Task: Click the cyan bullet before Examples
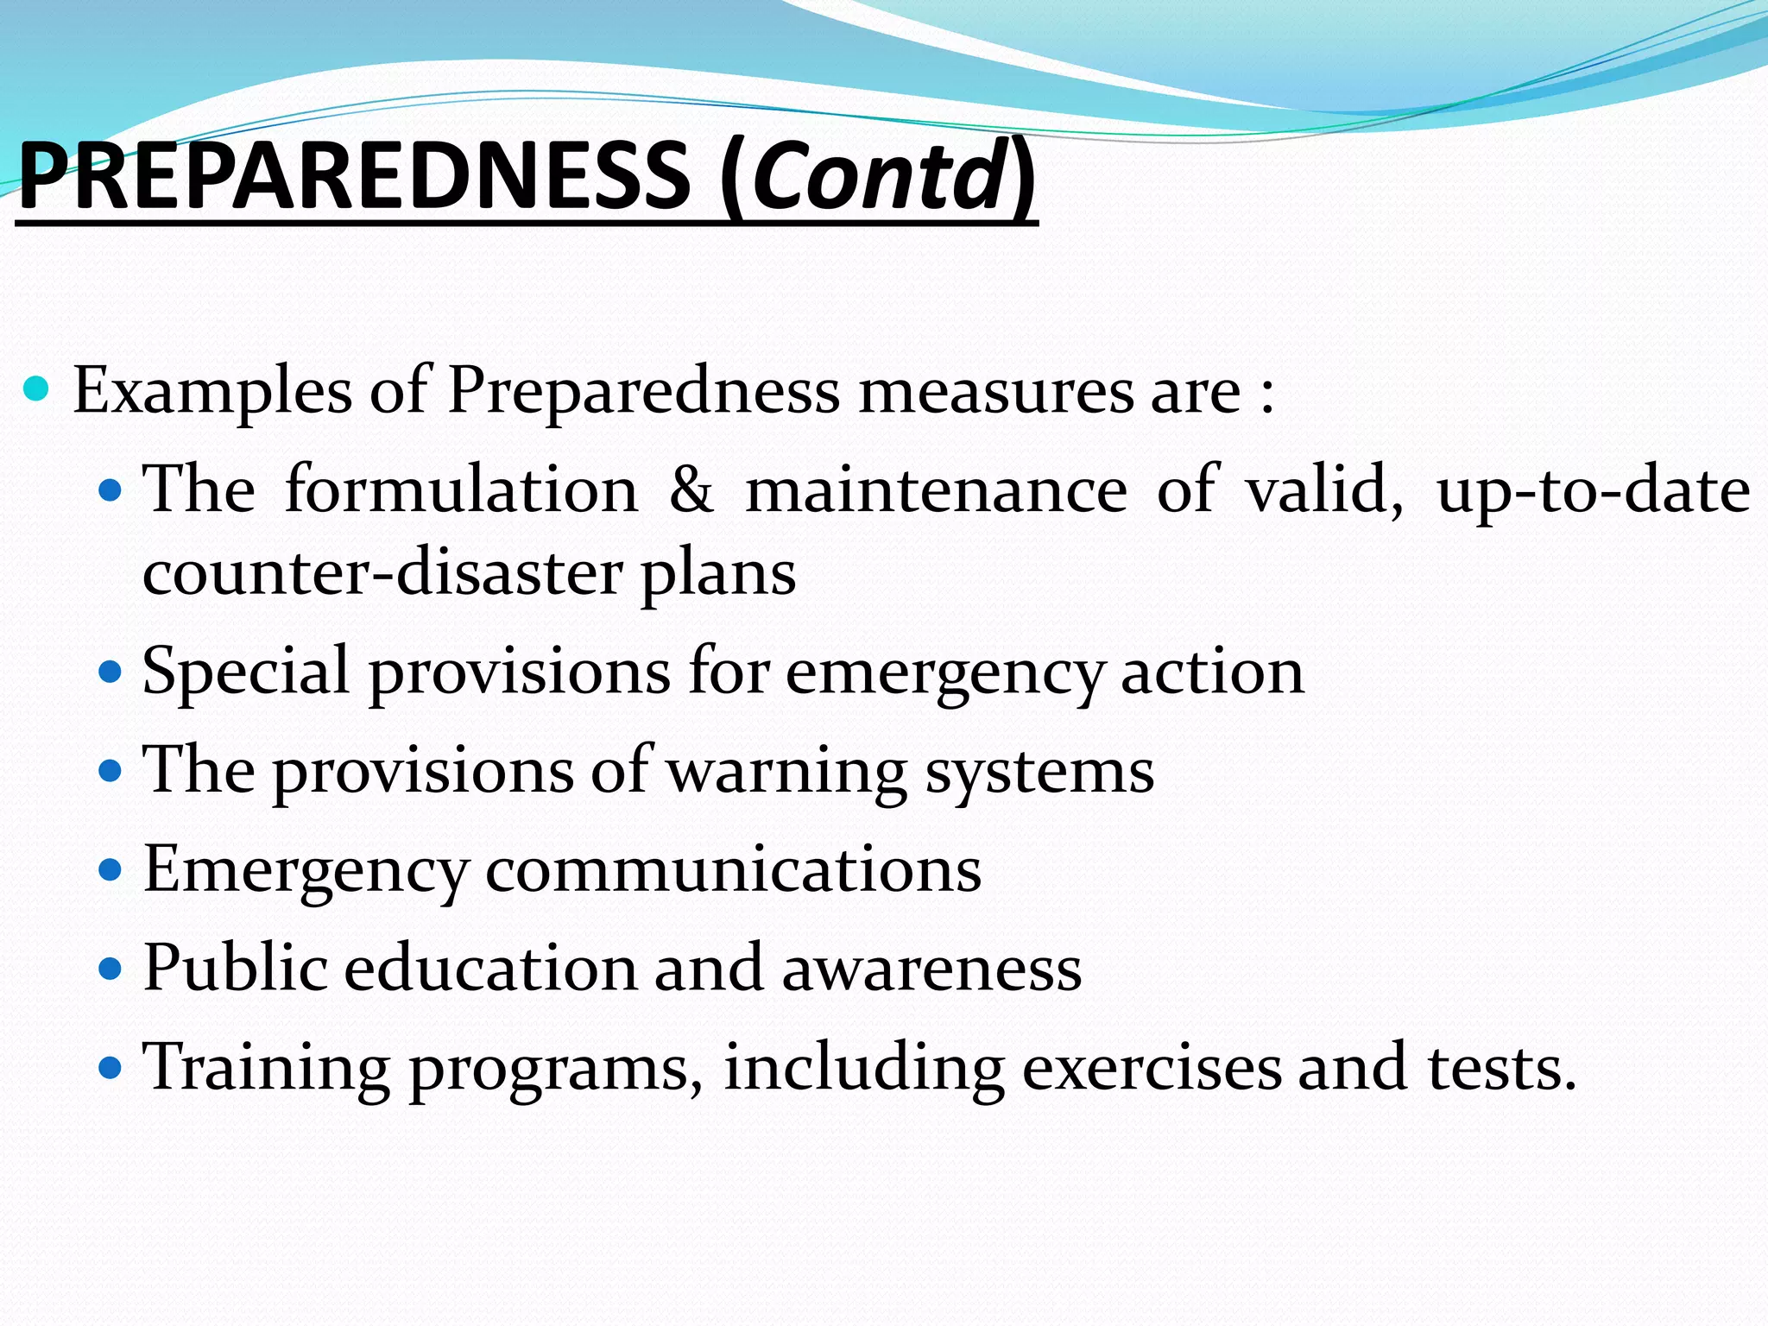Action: pos(36,390)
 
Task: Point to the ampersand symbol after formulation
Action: pos(691,490)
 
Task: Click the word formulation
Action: pos(461,490)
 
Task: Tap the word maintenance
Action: pos(936,490)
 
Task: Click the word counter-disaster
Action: pos(382,573)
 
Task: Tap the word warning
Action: pos(787,772)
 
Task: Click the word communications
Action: pos(733,870)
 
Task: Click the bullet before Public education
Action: pos(110,968)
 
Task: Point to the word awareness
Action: pos(931,969)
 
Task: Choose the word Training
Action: pos(266,1069)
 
